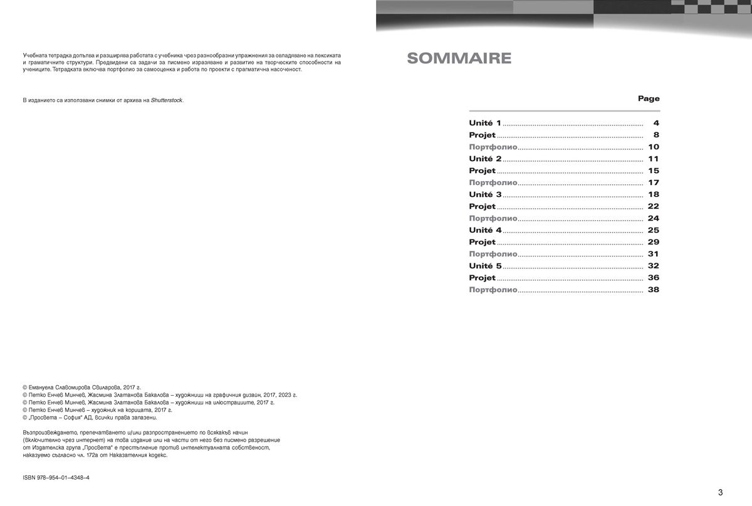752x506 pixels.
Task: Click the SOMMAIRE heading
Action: pos(459,59)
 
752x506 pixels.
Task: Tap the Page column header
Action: pos(649,98)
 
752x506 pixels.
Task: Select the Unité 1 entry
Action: pos(485,124)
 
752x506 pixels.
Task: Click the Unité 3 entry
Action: pos(485,195)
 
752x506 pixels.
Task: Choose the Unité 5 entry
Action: pos(485,266)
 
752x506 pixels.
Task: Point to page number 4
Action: pos(655,124)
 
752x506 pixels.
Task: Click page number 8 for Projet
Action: pos(655,135)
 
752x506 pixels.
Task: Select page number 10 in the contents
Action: pos(654,147)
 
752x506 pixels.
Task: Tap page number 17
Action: pos(654,183)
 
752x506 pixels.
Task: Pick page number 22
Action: pos(654,207)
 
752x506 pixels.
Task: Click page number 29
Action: pos(654,243)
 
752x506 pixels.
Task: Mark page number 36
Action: pos(654,278)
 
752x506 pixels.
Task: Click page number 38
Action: pos(654,290)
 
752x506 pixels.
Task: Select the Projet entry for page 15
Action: pos(482,171)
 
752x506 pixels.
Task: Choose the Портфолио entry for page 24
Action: pos(493,219)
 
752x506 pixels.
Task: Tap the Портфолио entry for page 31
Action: pos(493,255)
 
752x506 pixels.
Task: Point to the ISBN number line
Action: pos(56,478)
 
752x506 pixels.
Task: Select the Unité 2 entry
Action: pos(485,159)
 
